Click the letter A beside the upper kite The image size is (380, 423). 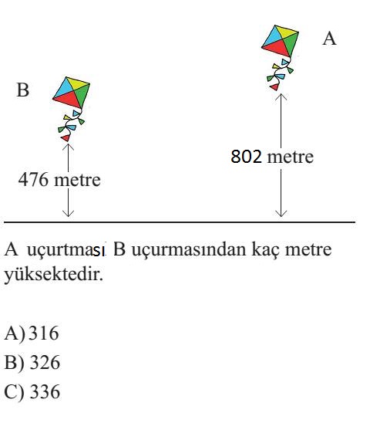click(x=329, y=39)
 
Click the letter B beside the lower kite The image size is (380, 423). click(x=23, y=90)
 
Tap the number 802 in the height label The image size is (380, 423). click(x=246, y=157)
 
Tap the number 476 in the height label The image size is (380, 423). click(x=33, y=180)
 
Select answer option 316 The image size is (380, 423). click(x=44, y=333)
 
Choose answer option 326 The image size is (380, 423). click(x=45, y=362)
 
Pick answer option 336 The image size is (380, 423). click(x=45, y=391)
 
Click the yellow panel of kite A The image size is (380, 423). click(x=287, y=32)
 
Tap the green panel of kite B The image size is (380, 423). click(x=82, y=94)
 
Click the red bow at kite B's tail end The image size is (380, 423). click(x=66, y=138)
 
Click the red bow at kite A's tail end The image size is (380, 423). click(x=274, y=87)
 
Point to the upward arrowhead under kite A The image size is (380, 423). click(x=281, y=96)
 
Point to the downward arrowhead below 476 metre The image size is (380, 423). click(x=68, y=214)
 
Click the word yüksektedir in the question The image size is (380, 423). click(x=54, y=275)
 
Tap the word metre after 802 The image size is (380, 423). click(x=290, y=157)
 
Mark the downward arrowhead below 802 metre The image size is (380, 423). click(x=281, y=214)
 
